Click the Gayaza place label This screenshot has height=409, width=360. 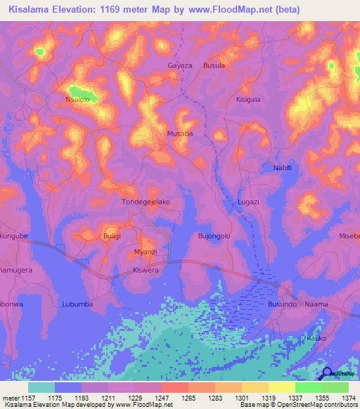click(179, 65)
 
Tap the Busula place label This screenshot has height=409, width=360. click(214, 65)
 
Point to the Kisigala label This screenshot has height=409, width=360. click(247, 100)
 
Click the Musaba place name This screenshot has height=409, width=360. click(179, 133)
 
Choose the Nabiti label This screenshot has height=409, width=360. click(281, 168)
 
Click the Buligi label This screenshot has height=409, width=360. click(112, 236)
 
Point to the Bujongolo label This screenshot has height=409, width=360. click(214, 236)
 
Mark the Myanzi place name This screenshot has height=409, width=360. click(146, 251)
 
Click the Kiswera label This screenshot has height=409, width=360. click(146, 270)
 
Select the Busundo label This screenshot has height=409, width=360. click(282, 304)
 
